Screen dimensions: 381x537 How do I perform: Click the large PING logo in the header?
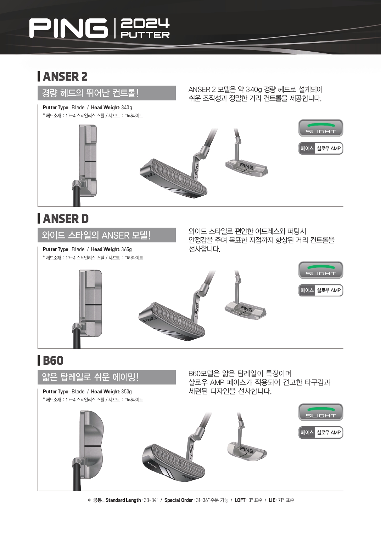pyautogui.click(x=68, y=28)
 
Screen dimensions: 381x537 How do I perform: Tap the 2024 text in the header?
pyautogui.click(x=145, y=23)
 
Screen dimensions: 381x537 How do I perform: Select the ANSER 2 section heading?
pyautogui.click(x=65, y=76)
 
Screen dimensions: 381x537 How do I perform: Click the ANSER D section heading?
pyautogui.click(x=66, y=219)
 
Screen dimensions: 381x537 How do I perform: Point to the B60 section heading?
pyautogui.click(x=53, y=360)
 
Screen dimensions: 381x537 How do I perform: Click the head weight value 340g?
pyautogui.click(x=127, y=108)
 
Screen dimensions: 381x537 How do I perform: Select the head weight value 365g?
pyautogui.click(x=127, y=249)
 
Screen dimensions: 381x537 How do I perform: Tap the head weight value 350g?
pyautogui.click(x=127, y=392)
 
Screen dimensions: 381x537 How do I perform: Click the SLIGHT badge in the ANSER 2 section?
pyautogui.click(x=321, y=128)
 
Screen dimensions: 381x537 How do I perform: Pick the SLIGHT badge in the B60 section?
pyautogui.click(x=321, y=412)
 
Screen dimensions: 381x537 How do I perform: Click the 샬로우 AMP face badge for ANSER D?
pyautogui.click(x=321, y=290)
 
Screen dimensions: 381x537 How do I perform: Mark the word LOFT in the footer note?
pyautogui.click(x=240, y=500)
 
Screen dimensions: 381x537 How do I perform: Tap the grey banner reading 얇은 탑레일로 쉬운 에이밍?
pyautogui.click(x=107, y=377)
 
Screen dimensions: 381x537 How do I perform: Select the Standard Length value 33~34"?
pyautogui.click(x=151, y=500)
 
